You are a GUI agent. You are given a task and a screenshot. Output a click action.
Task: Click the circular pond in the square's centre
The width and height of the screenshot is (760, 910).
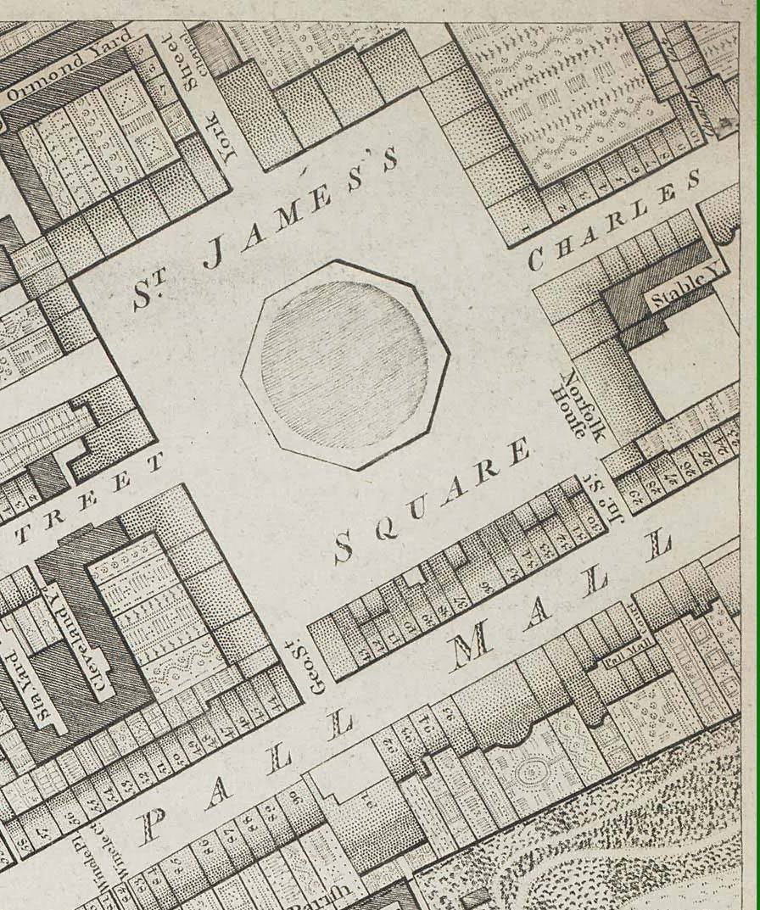[344, 364]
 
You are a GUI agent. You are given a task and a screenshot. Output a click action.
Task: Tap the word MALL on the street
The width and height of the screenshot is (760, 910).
[560, 606]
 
